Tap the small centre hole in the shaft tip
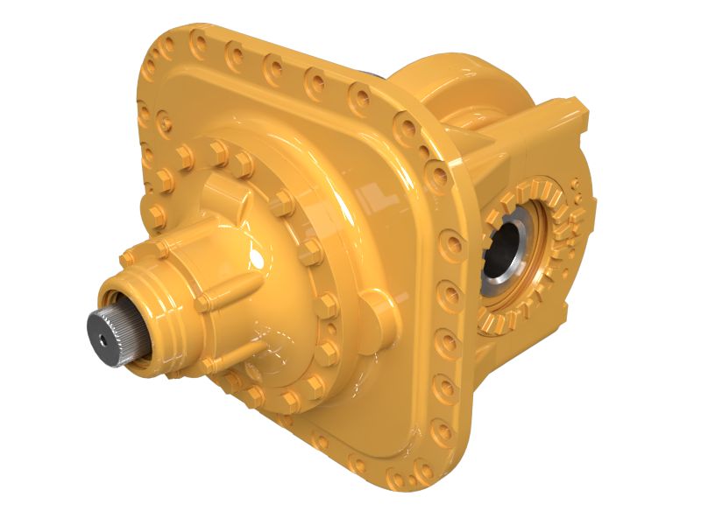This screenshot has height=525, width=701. click(106, 333)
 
